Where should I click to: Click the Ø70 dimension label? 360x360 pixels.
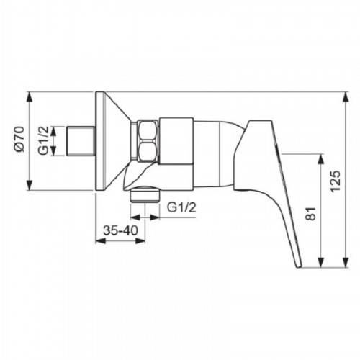click(19, 139)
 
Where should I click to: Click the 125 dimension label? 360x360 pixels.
click(336, 181)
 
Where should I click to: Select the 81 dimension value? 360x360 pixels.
click(310, 213)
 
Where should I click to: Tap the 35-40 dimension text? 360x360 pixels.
click(120, 230)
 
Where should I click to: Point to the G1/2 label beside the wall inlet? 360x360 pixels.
click(43, 140)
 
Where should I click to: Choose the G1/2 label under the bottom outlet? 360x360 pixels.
click(181, 207)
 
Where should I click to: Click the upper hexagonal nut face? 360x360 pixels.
click(147, 132)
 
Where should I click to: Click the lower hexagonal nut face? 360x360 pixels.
click(147, 152)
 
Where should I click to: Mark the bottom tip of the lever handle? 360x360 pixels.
click(299, 266)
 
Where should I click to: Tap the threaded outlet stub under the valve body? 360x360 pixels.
click(145, 195)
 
